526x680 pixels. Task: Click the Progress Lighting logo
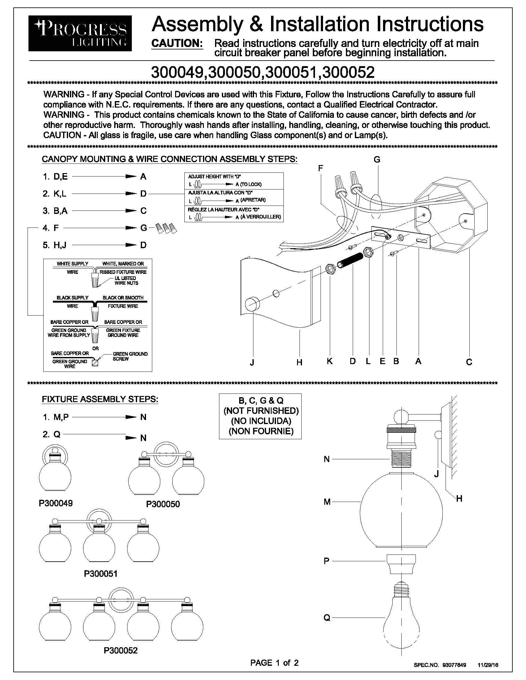(x=80, y=33)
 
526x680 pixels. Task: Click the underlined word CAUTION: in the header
(x=177, y=44)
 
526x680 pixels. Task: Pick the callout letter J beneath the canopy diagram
(x=252, y=362)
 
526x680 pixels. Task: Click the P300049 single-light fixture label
(x=55, y=503)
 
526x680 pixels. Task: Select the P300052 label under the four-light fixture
(x=121, y=642)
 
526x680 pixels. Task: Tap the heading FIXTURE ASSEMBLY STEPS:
(x=100, y=399)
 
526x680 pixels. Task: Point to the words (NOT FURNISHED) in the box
(x=261, y=411)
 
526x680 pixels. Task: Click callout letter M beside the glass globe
(x=327, y=502)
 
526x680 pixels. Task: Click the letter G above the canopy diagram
(x=377, y=160)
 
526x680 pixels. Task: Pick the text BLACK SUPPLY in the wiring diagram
(x=72, y=298)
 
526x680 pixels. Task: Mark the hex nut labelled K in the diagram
(x=330, y=268)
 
